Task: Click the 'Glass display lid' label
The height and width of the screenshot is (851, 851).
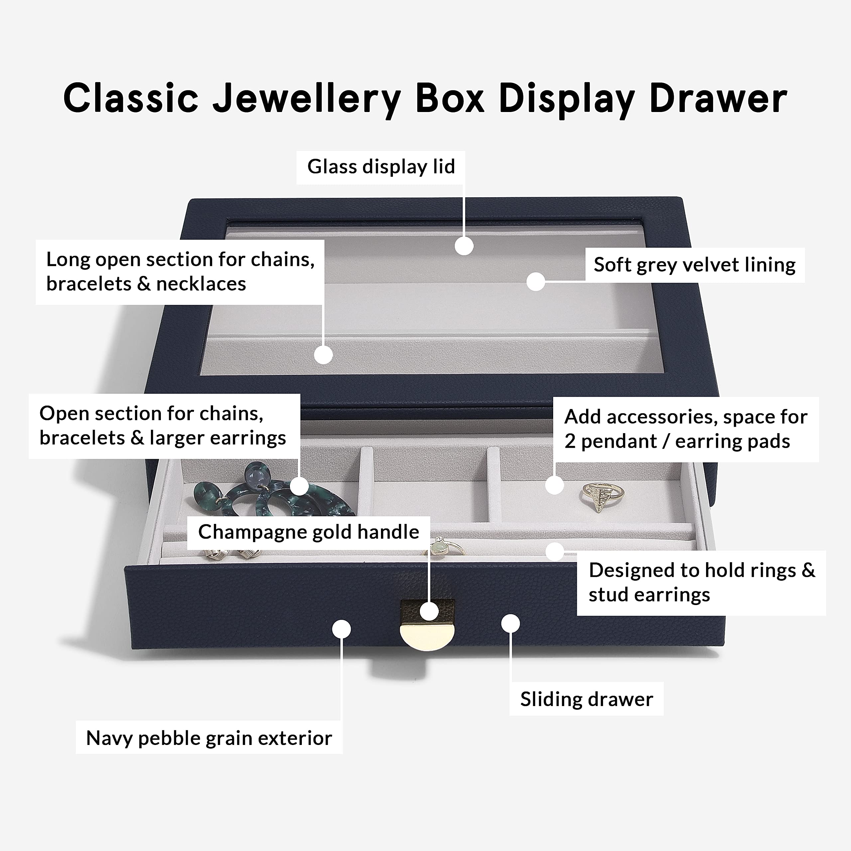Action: click(x=381, y=167)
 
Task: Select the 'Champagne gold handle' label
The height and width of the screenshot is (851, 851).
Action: click(x=308, y=532)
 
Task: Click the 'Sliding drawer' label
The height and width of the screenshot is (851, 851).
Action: click(x=586, y=699)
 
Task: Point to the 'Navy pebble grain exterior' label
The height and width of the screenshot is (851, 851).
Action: click(x=209, y=738)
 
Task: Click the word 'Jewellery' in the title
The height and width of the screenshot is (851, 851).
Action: click(x=306, y=99)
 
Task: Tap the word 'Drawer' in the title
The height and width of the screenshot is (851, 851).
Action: click(x=718, y=99)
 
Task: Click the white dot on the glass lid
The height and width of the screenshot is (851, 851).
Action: click(x=464, y=246)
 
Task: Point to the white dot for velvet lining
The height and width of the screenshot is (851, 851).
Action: click(x=536, y=282)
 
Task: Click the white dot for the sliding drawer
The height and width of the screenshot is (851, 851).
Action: click(x=510, y=623)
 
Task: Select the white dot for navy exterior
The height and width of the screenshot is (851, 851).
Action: click(x=341, y=629)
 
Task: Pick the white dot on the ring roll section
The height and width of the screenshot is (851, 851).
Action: click(x=554, y=551)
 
